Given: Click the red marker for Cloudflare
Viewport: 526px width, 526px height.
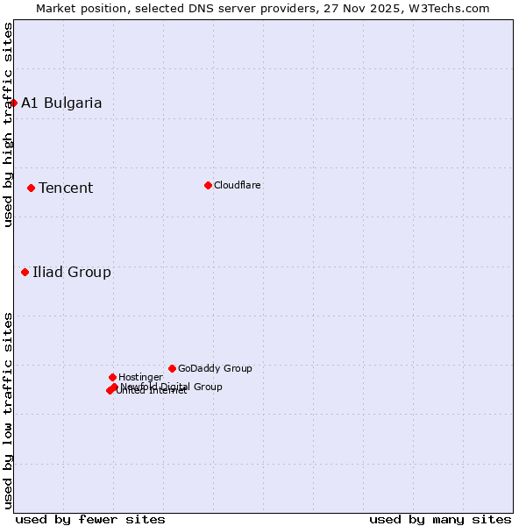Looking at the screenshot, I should point(208,185).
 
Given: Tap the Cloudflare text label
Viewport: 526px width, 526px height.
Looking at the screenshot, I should point(237,185).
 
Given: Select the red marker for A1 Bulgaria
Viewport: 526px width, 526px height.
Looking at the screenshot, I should point(13,103).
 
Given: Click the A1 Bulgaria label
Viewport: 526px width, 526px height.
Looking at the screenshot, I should point(61,103).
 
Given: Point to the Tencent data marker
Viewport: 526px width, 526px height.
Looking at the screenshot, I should point(31,188).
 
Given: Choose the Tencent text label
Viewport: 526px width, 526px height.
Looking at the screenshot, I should point(66,188).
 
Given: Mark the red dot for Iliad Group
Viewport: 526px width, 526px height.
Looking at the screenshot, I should point(25,272).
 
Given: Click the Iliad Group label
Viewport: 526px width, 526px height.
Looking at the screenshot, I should point(72,272).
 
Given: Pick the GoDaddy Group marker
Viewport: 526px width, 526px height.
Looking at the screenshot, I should point(172,368).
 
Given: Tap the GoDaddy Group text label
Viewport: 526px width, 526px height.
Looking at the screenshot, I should point(215,368).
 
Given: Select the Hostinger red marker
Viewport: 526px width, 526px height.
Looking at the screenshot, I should point(112,377).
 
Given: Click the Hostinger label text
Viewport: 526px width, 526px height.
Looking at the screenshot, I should point(140,377).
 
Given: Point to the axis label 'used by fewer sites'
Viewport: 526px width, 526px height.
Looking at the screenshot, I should point(90,519).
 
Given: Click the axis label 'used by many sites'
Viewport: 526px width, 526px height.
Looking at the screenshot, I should point(440,519).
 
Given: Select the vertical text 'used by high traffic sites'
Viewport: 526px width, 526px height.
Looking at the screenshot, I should point(8,124).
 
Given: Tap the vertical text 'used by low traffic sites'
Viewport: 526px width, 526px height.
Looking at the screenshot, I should point(8,409).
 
